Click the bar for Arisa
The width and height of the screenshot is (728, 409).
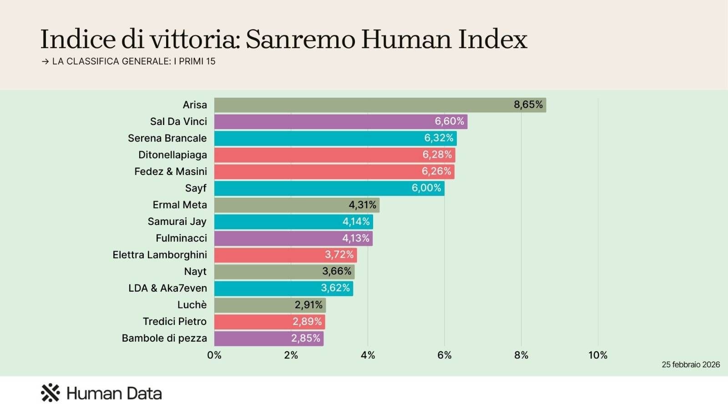point(380,105)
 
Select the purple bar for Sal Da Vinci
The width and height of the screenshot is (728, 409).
point(340,122)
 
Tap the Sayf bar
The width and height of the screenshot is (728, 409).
point(329,188)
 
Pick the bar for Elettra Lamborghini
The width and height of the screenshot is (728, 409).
point(285,255)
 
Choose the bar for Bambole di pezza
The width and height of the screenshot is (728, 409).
point(268,339)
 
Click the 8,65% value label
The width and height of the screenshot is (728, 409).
point(528,105)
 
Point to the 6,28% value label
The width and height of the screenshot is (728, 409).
point(437,155)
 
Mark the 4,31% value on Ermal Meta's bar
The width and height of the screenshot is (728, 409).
point(362,205)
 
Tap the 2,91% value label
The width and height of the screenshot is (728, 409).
point(308,305)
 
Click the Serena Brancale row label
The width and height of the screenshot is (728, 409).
point(167,138)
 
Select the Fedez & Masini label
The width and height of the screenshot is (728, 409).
point(171,172)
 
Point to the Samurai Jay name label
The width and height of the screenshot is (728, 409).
point(177,222)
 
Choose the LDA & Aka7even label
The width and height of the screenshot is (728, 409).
point(167,288)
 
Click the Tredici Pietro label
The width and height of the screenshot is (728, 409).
point(175,322)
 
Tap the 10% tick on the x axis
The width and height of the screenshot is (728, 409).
point(597,355)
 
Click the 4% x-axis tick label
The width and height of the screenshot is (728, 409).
point(368,355)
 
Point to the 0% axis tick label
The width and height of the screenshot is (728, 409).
point(214,355)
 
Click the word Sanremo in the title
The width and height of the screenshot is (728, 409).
point(300,40)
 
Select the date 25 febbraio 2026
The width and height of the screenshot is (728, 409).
point(690,365)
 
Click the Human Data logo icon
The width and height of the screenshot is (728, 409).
point(51,393)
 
